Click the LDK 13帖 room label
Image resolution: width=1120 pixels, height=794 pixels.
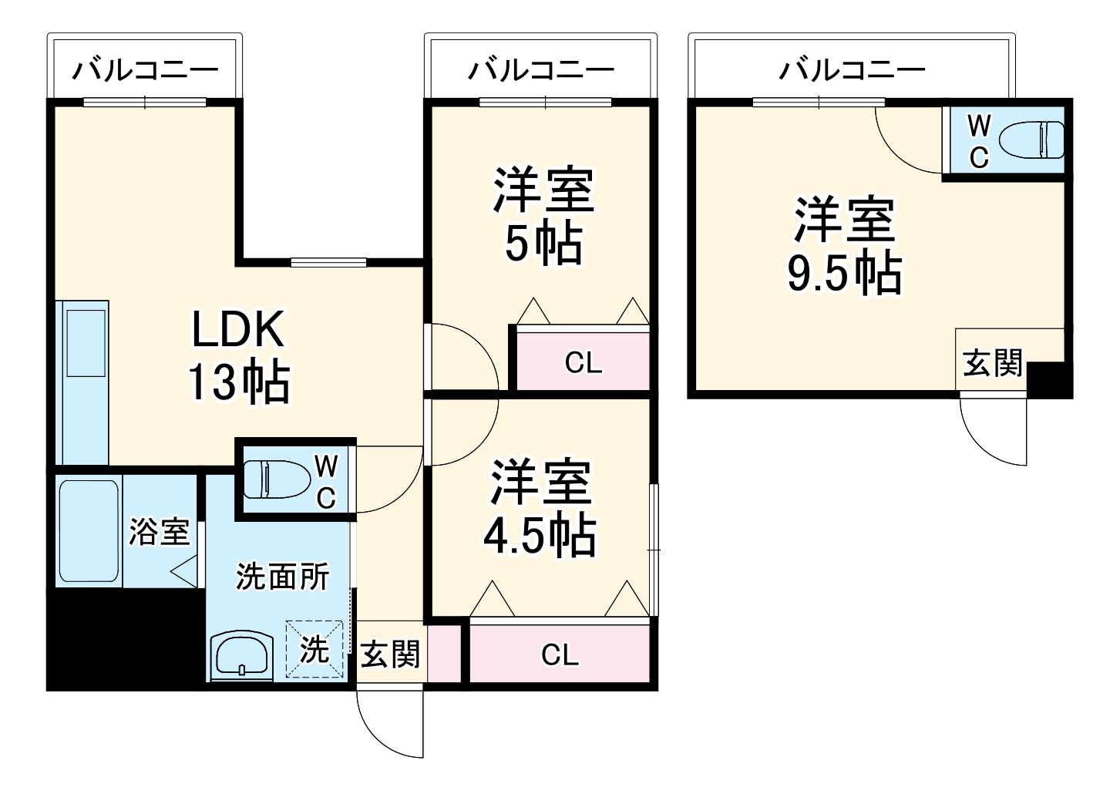238,355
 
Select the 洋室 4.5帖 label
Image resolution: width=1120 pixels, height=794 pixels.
540,508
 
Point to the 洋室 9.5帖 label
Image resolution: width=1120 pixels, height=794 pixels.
844,246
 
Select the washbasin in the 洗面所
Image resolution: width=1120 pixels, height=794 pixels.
242,657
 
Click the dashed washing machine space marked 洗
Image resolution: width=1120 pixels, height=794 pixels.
314,650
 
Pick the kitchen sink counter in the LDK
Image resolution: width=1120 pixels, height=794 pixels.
84,382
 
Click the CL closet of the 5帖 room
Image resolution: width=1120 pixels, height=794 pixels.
583,362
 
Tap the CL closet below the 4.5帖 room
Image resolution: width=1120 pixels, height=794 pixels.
560,654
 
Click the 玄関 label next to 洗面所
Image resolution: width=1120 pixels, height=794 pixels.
391,654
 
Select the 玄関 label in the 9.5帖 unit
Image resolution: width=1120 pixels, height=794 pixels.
993,362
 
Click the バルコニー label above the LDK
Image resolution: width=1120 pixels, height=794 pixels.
146,71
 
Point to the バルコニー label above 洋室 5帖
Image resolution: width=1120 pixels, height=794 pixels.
543,71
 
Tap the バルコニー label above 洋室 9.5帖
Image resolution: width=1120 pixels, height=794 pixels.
852,71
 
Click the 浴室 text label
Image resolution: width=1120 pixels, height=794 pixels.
159,532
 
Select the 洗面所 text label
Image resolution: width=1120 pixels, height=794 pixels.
282,577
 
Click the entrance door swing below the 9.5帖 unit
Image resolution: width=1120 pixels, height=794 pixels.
993,430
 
